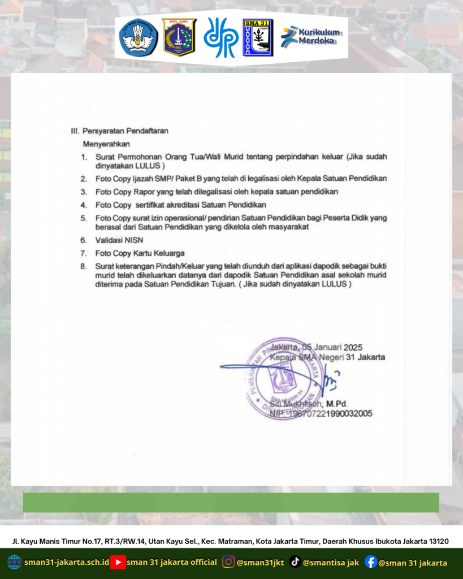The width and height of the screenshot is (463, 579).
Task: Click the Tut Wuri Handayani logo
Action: (x=138, y=37)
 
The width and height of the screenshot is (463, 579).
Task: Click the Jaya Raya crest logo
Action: (x=179, y=37)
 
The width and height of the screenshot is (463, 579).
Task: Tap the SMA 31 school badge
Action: (x=257, y=37)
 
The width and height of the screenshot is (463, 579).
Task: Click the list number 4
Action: (x=83, y=205)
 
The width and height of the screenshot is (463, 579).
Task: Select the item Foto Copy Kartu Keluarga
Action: (x=140, y=253)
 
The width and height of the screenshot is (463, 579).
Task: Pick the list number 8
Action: (x=83, y=265)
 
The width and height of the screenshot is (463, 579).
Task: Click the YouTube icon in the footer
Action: (x=118, y=562)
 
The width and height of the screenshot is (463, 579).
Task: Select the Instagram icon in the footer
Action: (x=228, y=562)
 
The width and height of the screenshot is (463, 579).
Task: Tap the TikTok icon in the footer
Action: (x=295, y=562)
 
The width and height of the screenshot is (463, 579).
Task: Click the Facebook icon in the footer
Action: (x=371, y=562)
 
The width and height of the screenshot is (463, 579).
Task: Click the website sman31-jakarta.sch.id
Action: (x=67, y=563)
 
